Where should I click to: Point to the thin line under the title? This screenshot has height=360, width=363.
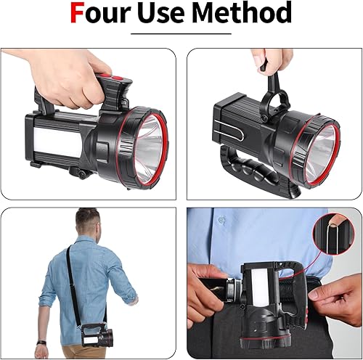(181, 33)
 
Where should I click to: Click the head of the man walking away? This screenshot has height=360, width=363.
(87, 221)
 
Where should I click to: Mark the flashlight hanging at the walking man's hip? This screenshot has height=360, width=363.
(97, 336)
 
